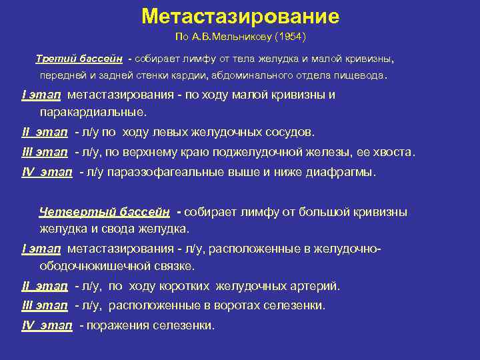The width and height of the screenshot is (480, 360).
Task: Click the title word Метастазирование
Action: click(x=240, y=16)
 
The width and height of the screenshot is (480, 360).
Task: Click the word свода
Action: click(x=119, y=229)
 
